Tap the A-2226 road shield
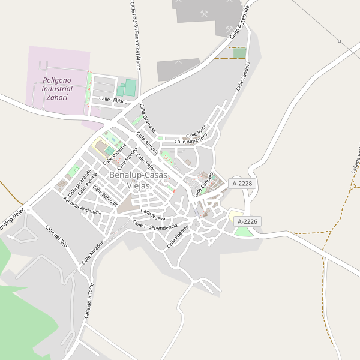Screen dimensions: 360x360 pos(248,221)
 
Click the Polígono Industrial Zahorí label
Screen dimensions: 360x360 pos(58,88)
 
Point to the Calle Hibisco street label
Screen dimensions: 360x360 pos(113,101)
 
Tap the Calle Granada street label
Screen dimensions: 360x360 pos(148,118)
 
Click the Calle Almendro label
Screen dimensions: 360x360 pos(190,140)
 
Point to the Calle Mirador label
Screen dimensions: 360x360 pos(92,252)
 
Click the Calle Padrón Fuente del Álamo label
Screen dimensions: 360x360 pos(134,35)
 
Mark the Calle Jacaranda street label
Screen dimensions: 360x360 pos(80,181)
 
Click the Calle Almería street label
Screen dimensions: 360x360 pos(147,143)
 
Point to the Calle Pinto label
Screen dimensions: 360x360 pos(196,130)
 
